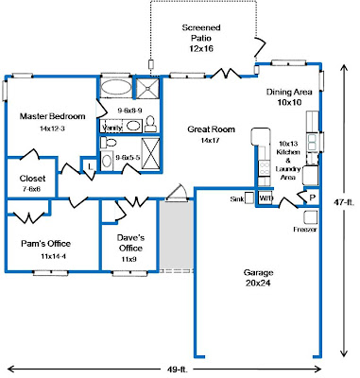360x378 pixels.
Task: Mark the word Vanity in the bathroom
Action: tap(111, 126)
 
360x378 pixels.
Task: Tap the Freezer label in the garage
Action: tap(304, 229)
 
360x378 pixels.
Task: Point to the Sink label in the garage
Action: tap(237, 199)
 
